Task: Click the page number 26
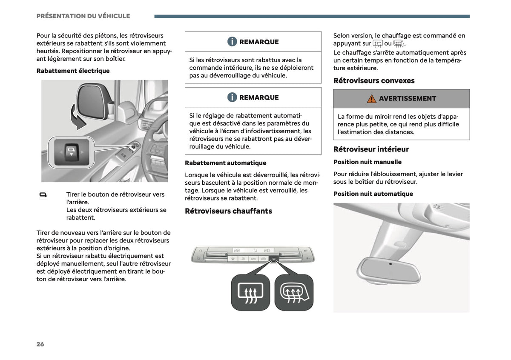point(40,344)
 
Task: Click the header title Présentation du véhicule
point(83,16)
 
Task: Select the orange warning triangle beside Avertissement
point(372,99)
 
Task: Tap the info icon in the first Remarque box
point(232,42)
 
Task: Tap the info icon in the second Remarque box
point(232,97)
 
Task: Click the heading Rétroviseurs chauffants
point(228,211)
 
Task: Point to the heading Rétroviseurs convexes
point(374,80)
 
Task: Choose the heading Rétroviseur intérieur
point(371,149)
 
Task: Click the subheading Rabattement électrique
point(73,71)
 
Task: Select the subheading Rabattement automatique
point(226,163)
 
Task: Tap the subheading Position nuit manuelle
point(367,162)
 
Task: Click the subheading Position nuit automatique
point(373,194)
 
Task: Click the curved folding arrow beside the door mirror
point(77,119)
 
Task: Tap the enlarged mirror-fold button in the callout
point(72,152)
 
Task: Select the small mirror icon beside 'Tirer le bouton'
point(43,195)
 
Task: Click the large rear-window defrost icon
point(250,292)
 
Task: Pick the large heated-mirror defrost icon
point(294,292)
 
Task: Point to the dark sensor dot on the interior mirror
point(390,264)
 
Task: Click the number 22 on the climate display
point(237,250)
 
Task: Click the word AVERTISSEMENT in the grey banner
point(408,98)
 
